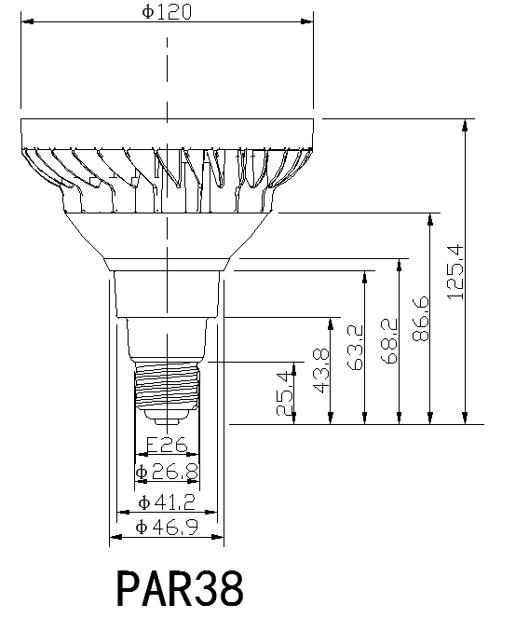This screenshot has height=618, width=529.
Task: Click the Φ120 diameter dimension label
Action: (167, 12)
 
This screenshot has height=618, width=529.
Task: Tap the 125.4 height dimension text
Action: (455, 272)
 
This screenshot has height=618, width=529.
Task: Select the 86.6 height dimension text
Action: (420, 319)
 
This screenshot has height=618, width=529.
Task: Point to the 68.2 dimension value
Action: (389, 341)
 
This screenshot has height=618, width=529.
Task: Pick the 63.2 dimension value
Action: (355, 348)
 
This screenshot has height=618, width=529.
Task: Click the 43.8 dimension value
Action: (321, 371)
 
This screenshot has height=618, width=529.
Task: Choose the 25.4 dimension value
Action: (285, 393)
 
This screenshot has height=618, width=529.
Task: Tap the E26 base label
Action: (167, 445)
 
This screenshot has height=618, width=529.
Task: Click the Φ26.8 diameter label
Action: (167, 472)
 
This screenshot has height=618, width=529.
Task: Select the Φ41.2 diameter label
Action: (167, 502)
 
